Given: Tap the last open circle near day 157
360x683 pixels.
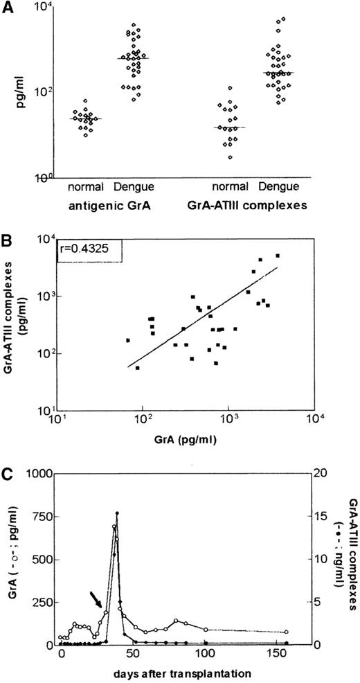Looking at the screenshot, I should tap(287, 632).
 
